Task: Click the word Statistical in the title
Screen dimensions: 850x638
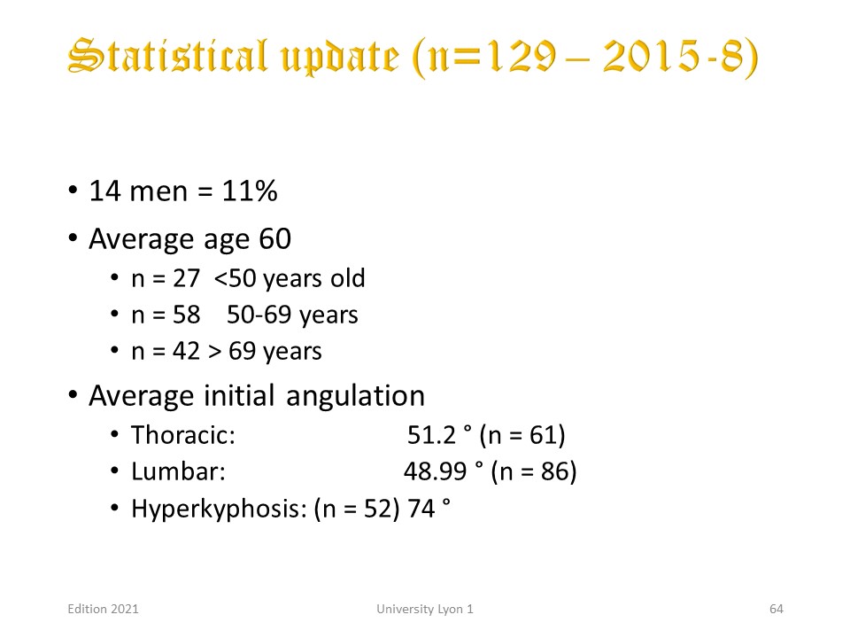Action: point(168,56)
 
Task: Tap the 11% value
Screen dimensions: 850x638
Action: point(250,191)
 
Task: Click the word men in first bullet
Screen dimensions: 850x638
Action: point(158,192)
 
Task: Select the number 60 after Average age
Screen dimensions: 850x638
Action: point(275,238)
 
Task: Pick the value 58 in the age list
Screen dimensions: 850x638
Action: point(187,315)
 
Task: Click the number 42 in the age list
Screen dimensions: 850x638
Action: point(187,351)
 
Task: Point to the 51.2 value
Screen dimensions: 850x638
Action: point(431,435)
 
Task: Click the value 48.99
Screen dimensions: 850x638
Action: point(436,471)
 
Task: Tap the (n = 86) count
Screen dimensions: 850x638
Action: point(533,471)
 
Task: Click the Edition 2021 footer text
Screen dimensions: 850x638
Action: point(103,610)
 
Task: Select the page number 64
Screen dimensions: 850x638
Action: point(777,610)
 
